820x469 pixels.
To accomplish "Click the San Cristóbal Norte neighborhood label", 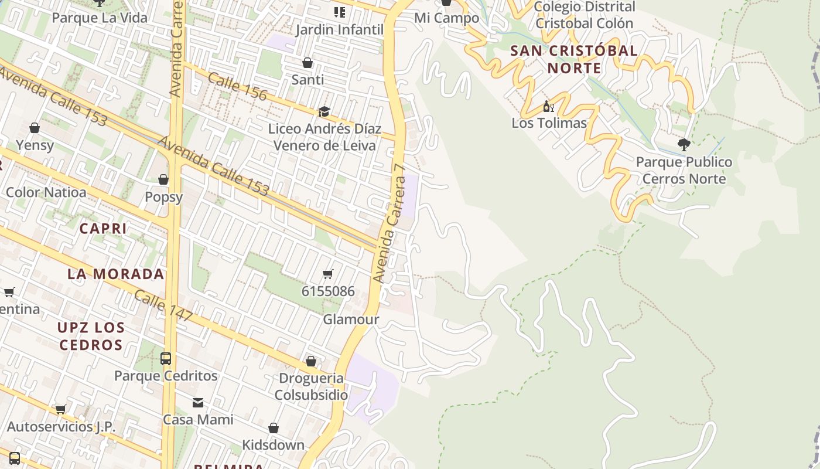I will pyautogui.click(x=574, y=59).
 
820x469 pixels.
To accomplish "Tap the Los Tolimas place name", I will pyautogui.click(x=549, y=123).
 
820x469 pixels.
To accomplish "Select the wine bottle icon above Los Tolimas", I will pyautogui.click(x=548, y=106).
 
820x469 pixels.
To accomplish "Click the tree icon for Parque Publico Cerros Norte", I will pyautogui.click(x=684, y=144).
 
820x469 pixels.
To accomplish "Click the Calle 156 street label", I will pyautogui.click(x=237, y=86).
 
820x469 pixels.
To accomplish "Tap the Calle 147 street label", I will pyautogui.click(x=163, y=305).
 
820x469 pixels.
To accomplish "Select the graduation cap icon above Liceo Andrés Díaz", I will pyautogui.click(x=324, y=111).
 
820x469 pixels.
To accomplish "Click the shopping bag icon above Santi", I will pyautogui.click(x=307, y=63).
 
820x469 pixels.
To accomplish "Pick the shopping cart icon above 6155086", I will pyautogui.click(x=328, y=274).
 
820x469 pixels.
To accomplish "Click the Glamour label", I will pyautogui.click(x=351, y=320).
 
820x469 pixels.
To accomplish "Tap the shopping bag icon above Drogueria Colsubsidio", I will pyautogui.click(x=311, y=361).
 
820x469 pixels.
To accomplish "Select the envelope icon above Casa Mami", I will pyautogui.click(x=198, y=403).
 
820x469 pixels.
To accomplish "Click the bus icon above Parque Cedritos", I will pyautogui.click(x=166, y=358).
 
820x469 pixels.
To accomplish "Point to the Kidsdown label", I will pyautogui.click(x=274, y=445).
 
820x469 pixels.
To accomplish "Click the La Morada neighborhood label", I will pyautogui.click(x=115, y=274).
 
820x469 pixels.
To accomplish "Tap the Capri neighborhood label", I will pyautogui.click(x=103, y=228).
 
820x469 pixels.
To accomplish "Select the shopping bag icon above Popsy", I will pyautogui.click(x=163, y=179).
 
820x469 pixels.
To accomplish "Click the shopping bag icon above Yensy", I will pyautogui.click(x=35, y=128).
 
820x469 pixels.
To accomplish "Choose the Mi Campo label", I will pyautogui.click(x=446, y=18).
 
